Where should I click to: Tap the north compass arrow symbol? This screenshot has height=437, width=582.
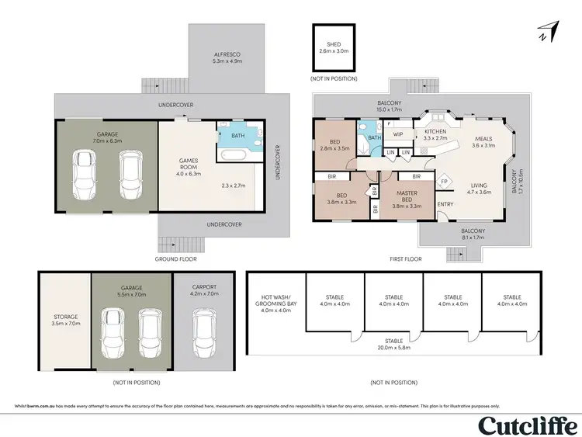(x=549, y=32)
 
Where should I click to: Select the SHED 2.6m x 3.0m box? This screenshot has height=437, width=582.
(x=334, y=47)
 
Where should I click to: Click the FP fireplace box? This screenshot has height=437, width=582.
(x=444, y=182)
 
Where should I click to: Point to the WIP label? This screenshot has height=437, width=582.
(x=397, y=133)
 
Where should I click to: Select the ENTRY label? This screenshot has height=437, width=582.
(x=446, y=204)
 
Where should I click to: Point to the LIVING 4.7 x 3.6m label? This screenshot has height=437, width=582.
(x=479, y=188)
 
